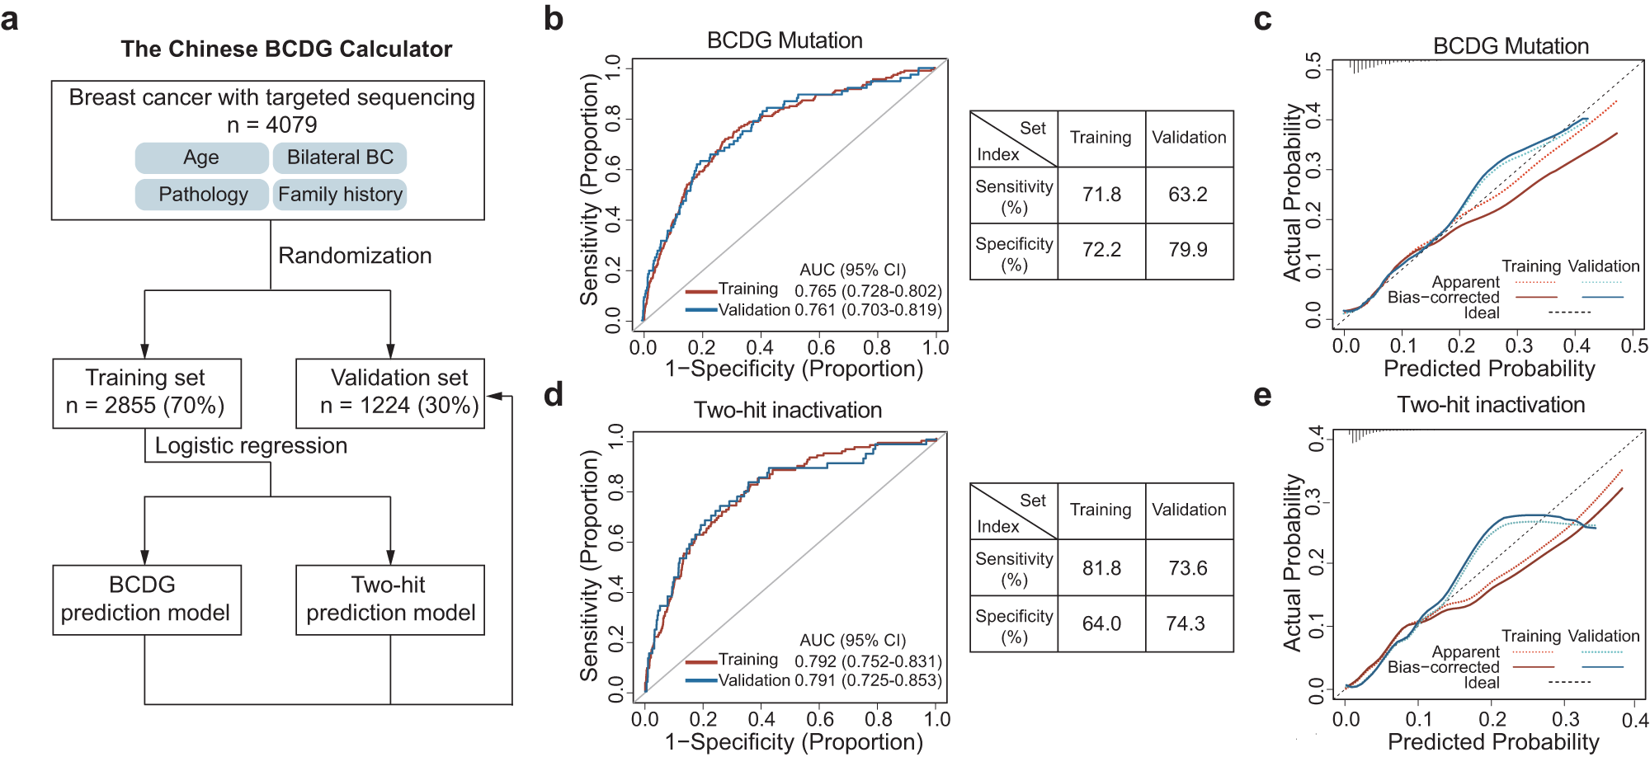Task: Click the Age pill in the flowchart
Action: [x=201, y=158]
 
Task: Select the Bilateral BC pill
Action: [x=340, y=158]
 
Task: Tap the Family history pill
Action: [x=340, y=195]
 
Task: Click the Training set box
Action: [x=147, y=393]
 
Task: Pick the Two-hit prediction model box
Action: [x=390, y=599]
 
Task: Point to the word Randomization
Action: [x=355, y=256]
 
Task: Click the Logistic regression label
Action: [x=251, y=446]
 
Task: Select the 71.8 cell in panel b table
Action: [x=1101, y=195]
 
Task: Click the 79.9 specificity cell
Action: [x=1188, y=250]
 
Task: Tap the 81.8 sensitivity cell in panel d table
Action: [x=1101, y=568]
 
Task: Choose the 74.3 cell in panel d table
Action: [x=1186, y=623]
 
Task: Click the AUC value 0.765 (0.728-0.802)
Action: [x=868, y=291]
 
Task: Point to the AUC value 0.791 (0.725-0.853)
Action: [x=868, y=680]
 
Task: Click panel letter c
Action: [x=1262, y=20]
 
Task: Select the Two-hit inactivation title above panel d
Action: [x=787, y=410]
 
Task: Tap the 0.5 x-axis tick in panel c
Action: [x=1633, y=346]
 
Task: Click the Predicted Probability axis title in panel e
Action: [x=1492, y=741]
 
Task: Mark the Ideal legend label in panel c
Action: [x=1482, y=313]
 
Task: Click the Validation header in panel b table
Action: [x=1189, y=138]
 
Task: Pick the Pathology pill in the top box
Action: [x=203, y=195]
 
